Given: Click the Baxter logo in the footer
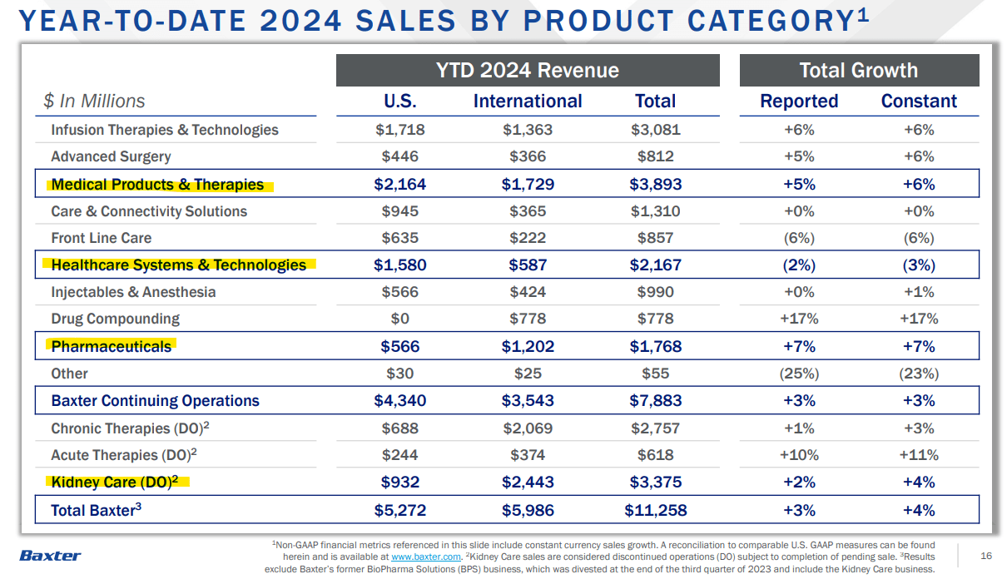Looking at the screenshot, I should tap(50, 555).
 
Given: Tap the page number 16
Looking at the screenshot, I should tap(986, 556).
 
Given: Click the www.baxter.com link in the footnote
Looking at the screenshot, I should tap(425, 557).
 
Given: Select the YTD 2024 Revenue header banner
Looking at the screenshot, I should tap(528, 71).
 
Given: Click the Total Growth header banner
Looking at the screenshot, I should tap(859, 71).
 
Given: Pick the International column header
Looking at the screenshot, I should tap(528, 101).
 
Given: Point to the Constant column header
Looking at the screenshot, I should tap(919, 101).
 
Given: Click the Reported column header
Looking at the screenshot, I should tap(799, 101).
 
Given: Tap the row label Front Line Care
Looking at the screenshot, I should tap(102, 238).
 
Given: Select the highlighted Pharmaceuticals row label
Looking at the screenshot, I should tap(112, 346).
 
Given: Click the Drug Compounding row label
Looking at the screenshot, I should tap(115, 319).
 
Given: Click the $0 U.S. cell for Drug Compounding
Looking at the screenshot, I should tap(399, 319).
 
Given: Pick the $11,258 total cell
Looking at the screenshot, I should tap(655, 510).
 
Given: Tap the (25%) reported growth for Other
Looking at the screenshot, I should tap(799, 374).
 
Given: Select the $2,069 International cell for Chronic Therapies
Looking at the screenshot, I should tap(528, 428).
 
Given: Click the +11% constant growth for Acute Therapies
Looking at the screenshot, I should tap(919, 455).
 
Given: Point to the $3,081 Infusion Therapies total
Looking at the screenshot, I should tap(655, 130).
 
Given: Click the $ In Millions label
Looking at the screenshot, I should tap(94, 101).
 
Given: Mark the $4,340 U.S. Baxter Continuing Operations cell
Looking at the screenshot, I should tap(399, 400).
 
